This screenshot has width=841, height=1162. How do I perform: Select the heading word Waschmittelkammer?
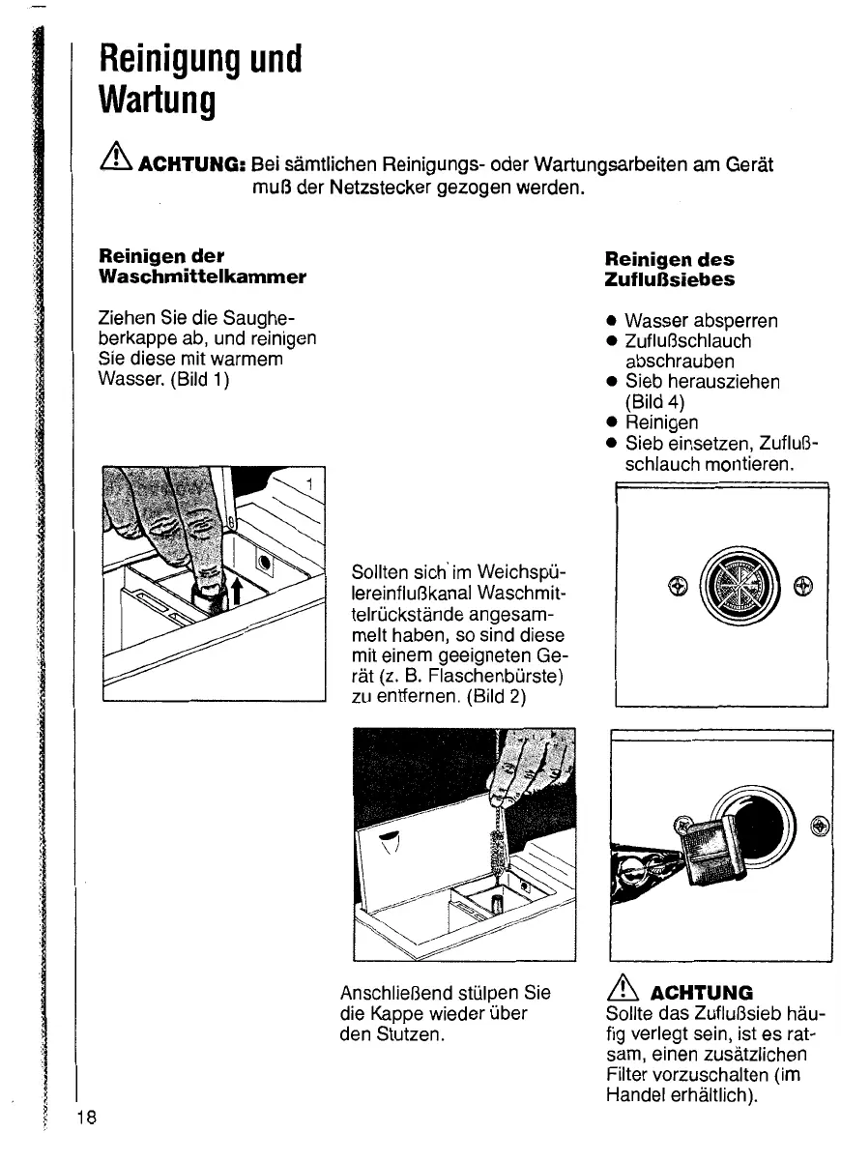click(x=203, y=276)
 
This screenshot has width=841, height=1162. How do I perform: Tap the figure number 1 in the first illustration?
click(x=309, y=481)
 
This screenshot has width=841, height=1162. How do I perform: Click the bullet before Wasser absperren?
click(x=611, y=320)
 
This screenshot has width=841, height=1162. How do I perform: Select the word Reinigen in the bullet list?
click(x=661, y=422)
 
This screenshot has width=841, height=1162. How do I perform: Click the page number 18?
click(x=86, y=1118)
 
